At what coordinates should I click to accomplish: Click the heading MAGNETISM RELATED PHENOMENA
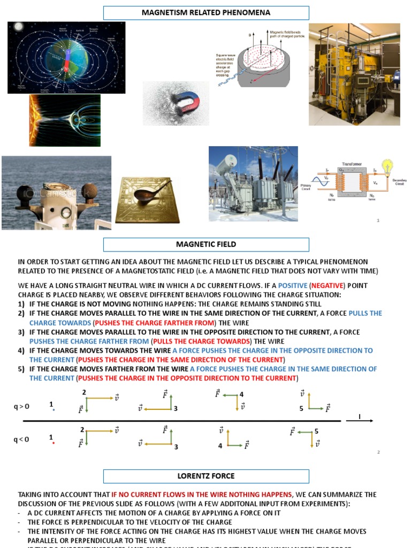coord(206,13)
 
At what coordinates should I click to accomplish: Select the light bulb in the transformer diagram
coord(386,166)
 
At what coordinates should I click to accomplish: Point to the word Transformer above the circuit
coord(352,164)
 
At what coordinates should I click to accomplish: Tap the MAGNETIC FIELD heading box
coord(206,245)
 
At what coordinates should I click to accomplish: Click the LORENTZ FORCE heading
coord(206,476)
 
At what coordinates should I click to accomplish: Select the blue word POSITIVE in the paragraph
coord(292,286)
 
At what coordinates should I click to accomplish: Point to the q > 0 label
coord(22,406)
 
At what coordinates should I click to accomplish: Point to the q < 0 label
coord(22,439)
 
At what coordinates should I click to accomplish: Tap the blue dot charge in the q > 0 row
coord(54,410)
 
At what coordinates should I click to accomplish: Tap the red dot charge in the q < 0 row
coord(54,443)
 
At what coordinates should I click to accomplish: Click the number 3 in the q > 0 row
coord(176,409)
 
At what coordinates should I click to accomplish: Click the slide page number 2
coord(378,453)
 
